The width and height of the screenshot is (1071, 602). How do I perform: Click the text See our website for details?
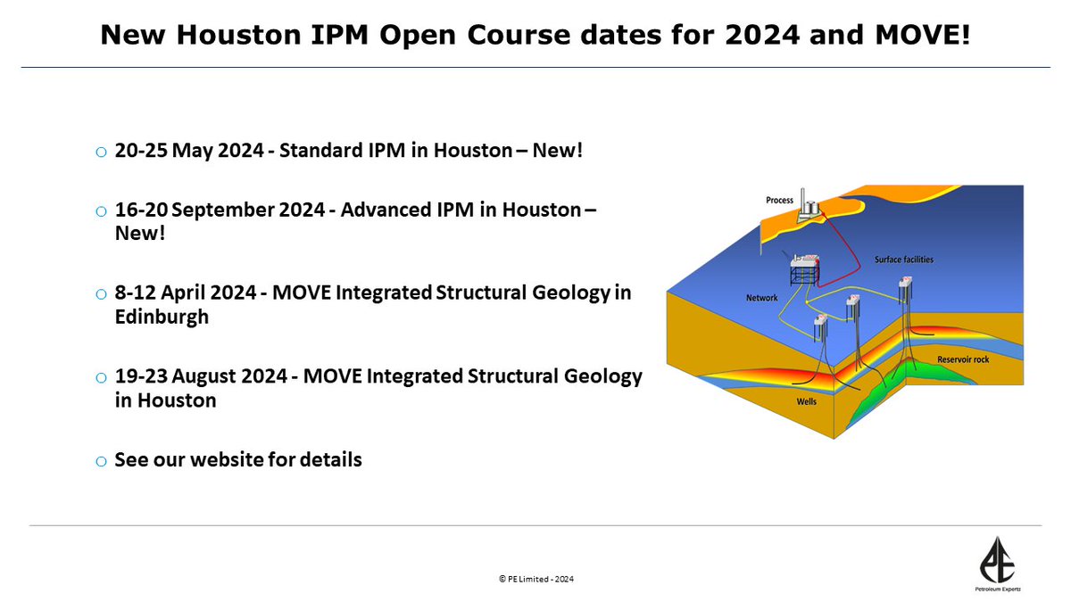coord(238,460)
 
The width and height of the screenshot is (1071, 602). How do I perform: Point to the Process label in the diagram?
coord(779,200)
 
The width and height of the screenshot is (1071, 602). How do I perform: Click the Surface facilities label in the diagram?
coord(903,260)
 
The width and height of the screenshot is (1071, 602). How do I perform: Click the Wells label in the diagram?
coord(806,401)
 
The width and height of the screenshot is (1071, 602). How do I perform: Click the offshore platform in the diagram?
coord(806,268)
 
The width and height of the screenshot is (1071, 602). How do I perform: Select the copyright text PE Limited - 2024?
coord(535,579)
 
